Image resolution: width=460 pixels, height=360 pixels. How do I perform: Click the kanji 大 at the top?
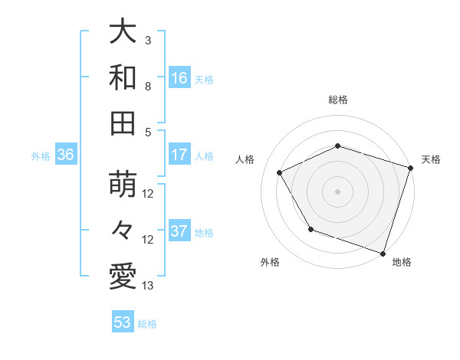pyautogui.click(x=123, y=32)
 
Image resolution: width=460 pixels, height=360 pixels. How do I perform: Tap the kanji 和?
pyautogui.click(x=123, y=77)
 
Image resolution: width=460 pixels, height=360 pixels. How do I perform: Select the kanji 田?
pyautogui.click(x=123, y=123)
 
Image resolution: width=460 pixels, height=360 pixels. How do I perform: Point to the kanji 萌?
pyautogui.click(x=123, y=185)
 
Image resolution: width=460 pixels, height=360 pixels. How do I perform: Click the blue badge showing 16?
pyautogui.click(x=179, y=78)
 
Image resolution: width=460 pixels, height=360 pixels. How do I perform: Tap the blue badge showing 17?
pyautogui.click(x=179, y=155)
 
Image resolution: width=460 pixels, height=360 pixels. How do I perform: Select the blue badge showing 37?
pyautogui.click(x=179, y=232)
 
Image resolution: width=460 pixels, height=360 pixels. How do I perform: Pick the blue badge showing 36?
pyautogui.click(x=65, y=155)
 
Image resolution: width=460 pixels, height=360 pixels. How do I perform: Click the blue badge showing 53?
pyautogui.click(x=123, y=322)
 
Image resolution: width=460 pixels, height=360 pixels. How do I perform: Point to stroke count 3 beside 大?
pyautogui.click(x=148, y=41)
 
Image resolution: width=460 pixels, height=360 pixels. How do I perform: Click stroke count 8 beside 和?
pyautogui.click(x=148, y=87)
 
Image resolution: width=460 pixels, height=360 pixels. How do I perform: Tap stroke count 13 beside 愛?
pyautogui.click(x=148, y=286)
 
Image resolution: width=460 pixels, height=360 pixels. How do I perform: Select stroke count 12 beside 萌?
pyautogui.click(x=148, y=194)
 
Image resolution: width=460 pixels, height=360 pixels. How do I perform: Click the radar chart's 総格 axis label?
pyautogui.click(x=338, y=100)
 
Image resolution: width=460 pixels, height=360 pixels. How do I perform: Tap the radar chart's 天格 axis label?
pyautogui.click(x=431, y=159)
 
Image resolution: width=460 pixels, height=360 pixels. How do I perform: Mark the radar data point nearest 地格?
pyautogui.click(x=383, y=253)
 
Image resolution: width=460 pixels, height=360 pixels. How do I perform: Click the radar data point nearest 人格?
pyautogui.click(x=280, y=173)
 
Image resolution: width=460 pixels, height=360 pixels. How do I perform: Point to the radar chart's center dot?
pyautogui.click(x=338, y=191)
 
